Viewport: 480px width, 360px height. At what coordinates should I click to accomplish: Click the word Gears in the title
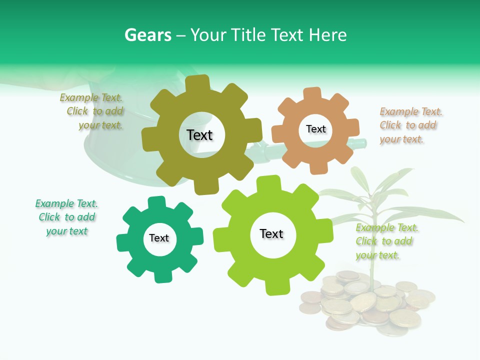pyautogui.click(x=147, y=35)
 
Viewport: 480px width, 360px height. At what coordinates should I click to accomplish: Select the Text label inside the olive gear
pyautogui.click(x=199, y=135)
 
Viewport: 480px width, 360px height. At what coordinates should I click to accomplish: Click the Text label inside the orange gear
pyautogui.click(x=315, y=129)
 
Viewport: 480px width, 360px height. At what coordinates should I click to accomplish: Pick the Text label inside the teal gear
pyautogui.click(x=159, y=238)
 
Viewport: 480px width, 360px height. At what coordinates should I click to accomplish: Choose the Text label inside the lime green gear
pyautogui.click(x=271, y=233)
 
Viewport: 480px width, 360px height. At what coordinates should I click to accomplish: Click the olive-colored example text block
pyautogui.click(x=92, y=111)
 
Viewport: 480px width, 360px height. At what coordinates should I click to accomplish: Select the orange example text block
pyautogui.click(x=410, y=125)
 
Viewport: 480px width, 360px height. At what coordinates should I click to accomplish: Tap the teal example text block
pyautogui.click(x=66, y=217)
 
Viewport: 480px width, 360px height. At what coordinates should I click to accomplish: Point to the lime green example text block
pyautogui.click(x=386, y=241)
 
